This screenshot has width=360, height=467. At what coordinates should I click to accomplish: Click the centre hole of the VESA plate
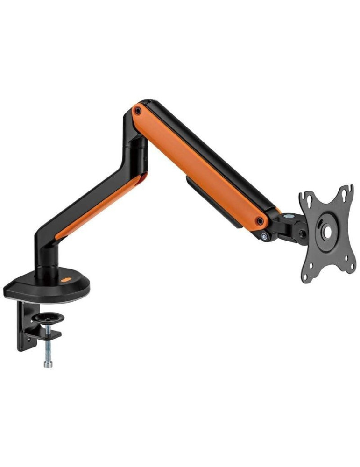pyautogui.click(x=327, y=231)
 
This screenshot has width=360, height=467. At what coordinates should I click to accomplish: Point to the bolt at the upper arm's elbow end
pyautogui.click(x=137, y=111)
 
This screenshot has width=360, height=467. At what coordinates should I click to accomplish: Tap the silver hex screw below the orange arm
pyautogui.click(x=266, y=237)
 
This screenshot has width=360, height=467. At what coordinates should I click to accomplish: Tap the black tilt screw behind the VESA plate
pyautogui.click(x=303, y=234)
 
